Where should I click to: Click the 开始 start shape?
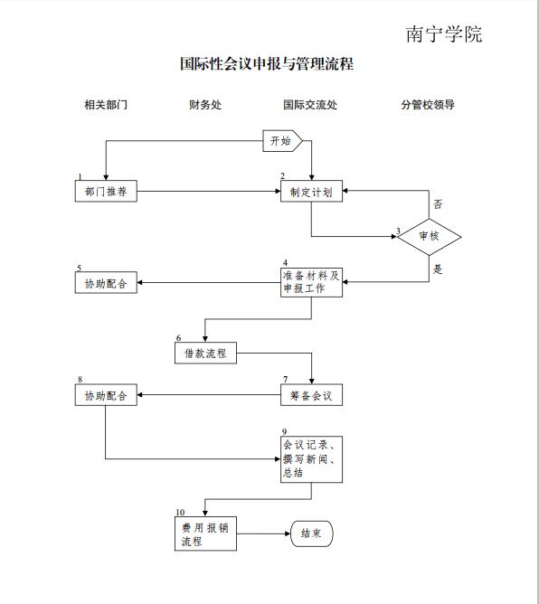(x=282, y=140)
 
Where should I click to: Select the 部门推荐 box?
(x=106, y=191)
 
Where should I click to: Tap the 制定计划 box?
(x=311, y=191)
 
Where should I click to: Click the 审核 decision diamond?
(x=430, y=237)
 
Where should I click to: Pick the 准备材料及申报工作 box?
(x=311, y=282)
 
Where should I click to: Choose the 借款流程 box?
(x=205, y=353)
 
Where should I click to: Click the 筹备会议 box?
(x=311, y=395)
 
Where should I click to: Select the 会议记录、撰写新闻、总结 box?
(x=311, y=459)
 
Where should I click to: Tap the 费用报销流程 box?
(x=205, y=533)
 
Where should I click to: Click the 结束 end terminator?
(x=311, y=533)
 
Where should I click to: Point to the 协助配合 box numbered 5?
(x=106, y=282)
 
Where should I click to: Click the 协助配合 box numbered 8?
(x=106, y=395)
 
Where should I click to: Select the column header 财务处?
(x=205, y=104)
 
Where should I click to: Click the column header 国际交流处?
(x=310, y=104)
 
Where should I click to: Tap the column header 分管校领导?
(x=428, y=104)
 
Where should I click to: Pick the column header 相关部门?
(x=106, y=104)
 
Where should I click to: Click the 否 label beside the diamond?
(x=438, y=204)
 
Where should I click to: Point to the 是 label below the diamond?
(x=438, y=269)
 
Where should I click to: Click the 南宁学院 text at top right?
(x=444, y=34)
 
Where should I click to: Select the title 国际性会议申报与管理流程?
(x=267, y=63)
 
